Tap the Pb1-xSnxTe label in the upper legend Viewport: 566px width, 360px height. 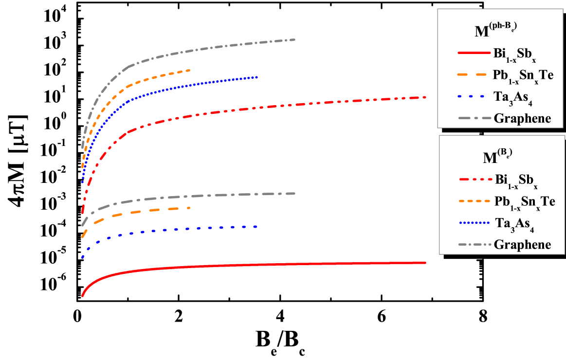point(524,75)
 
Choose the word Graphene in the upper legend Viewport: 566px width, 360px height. point(522,118)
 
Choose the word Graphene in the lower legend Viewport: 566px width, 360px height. point(522,244)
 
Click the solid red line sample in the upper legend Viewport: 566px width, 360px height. point(473,53)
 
